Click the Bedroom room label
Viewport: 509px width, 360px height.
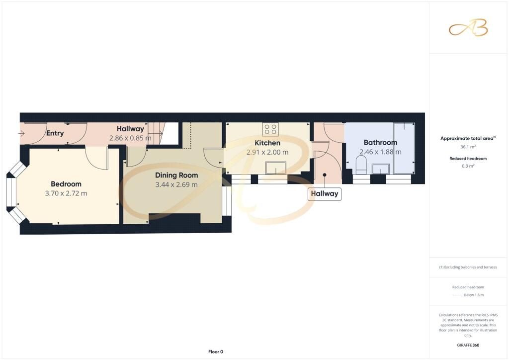(66, 184)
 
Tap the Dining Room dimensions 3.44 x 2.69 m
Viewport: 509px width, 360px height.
(176, 184)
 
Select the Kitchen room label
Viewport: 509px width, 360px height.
(267, 143)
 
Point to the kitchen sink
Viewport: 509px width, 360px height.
(275, 168)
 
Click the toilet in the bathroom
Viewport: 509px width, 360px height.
(361, 165)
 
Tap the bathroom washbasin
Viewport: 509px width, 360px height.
(380, 169)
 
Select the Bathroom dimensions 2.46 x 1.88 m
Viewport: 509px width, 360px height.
(380, 152)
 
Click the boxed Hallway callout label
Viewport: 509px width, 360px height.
(325, 194)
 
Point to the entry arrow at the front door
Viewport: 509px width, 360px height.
(21, 133)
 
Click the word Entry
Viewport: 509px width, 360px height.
(55, 133)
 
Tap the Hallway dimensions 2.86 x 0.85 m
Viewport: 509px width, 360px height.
(130, 138)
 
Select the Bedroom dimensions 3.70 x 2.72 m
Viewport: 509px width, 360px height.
(66, 193)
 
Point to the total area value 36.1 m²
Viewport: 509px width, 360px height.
(468, 147)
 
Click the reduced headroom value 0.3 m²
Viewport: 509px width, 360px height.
(468, 166)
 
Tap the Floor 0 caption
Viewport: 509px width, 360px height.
(216, 352)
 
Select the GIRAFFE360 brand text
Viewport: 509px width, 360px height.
(468, 345)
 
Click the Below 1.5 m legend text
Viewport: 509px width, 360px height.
(474, 295)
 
